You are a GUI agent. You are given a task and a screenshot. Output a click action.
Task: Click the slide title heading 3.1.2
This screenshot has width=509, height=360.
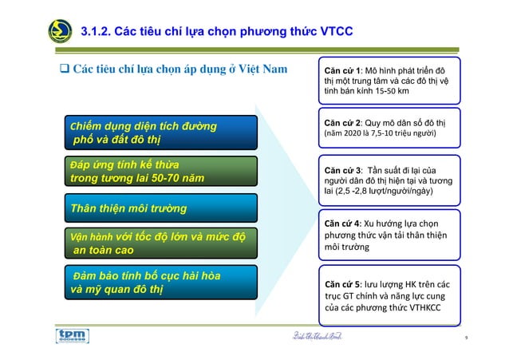tap(217, 32)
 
